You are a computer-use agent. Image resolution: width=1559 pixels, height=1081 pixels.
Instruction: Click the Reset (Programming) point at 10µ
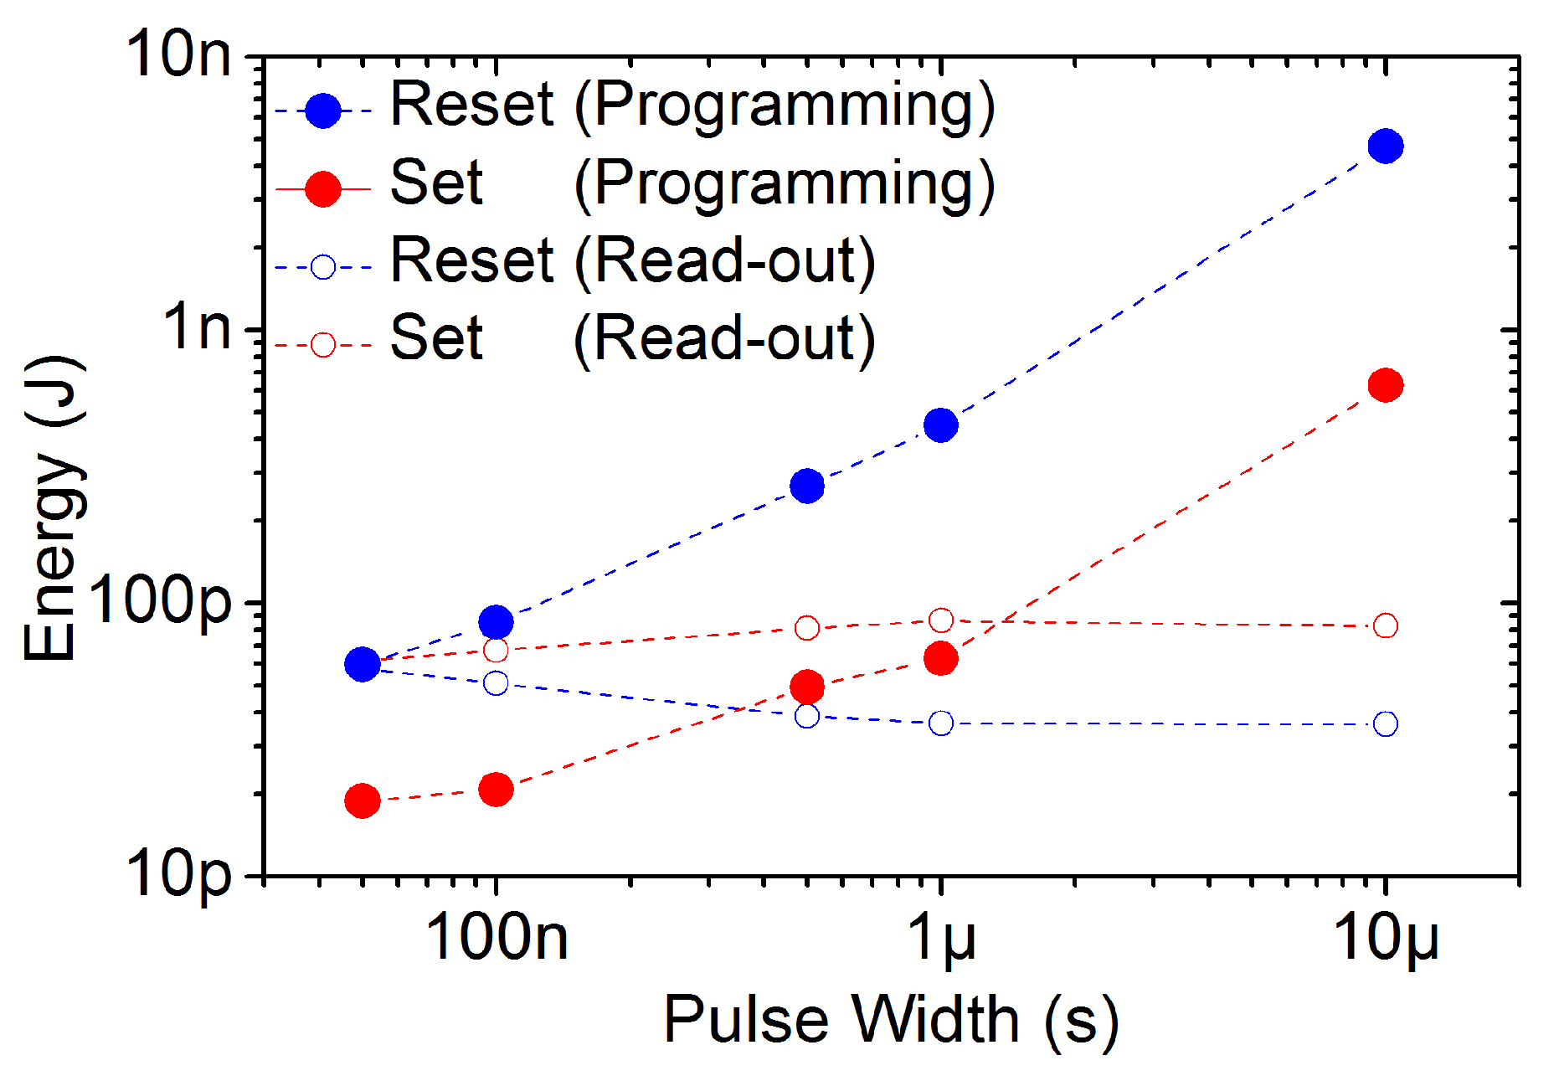[x=1386, y=147]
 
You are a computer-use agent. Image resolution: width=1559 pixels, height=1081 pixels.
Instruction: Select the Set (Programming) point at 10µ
[x=1386, y=385]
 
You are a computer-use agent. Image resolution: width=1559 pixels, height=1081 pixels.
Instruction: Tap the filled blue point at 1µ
[x=941, y=425]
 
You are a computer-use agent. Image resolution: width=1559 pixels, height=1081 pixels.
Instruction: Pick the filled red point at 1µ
[x=941, y=659]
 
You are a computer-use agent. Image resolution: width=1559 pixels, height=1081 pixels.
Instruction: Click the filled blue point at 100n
[x=496, y=622]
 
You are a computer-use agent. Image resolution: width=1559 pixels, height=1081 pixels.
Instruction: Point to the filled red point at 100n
[x=496, y=790]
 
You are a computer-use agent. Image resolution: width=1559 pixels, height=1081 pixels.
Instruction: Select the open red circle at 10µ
[x=1386, y=625]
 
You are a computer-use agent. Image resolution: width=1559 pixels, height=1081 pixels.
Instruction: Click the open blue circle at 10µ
[x=1386, y=723]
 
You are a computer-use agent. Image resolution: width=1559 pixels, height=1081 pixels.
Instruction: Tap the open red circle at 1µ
[x=941, y=620]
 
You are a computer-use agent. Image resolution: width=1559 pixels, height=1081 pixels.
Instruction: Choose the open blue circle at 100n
[x=496, y=683]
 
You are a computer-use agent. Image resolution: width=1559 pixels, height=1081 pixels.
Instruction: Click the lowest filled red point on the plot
[x=362, y=801]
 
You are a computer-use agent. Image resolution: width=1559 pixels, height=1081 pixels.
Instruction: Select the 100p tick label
[x=159, y=600]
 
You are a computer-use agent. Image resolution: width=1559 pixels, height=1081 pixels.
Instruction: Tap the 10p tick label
[x=178, y=874]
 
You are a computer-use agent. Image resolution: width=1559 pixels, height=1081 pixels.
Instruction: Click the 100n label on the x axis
[x=497, y=937]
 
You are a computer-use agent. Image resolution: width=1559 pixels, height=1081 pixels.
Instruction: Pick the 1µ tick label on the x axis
[x=941, y=937]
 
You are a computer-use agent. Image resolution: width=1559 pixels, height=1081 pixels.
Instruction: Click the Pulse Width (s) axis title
[x=891, y=1021]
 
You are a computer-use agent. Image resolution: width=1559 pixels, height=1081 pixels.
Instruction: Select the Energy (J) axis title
[x=52, y=508]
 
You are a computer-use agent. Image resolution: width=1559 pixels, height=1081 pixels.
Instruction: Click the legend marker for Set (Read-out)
[x=323, y=345]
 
